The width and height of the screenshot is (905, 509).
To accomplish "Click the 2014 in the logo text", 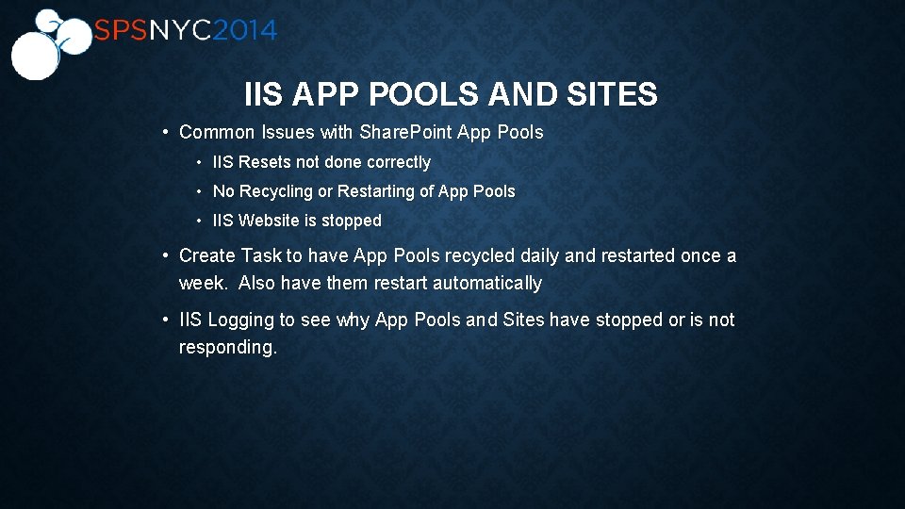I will (244, 31).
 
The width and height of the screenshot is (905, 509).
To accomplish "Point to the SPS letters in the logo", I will (120, 31).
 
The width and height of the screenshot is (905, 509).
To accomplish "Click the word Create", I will (207, 255).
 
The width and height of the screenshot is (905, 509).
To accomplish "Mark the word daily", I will (538, 255).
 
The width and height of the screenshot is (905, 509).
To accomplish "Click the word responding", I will (228, 347).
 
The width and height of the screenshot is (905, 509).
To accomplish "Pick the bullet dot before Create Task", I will (165, 255).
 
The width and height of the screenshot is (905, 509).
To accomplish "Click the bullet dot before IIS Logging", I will (165, 320).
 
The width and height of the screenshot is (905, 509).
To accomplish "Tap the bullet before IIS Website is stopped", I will (200, 221).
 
